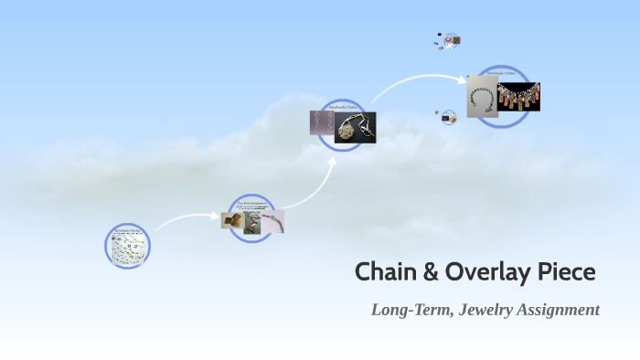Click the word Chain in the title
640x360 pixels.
pos(383,272)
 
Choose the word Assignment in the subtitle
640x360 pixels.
pos(562,310)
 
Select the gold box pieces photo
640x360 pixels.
pos(231,220)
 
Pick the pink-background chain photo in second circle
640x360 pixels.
pos(272,222)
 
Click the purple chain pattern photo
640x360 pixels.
pos(321,123)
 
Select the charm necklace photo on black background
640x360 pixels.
pos(518,97)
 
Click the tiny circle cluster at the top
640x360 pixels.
pos(449,40)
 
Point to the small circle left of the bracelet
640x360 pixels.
pos(448,117)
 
